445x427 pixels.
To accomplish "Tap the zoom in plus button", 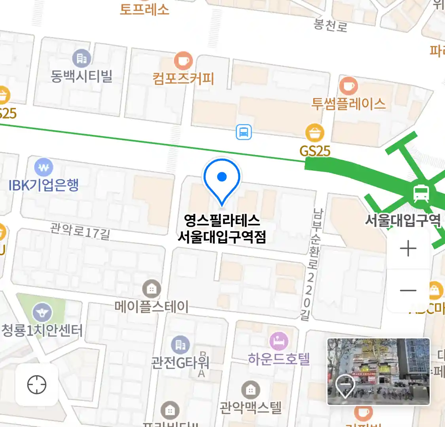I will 408,249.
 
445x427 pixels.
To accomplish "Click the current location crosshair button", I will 37,385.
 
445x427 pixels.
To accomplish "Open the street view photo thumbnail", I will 379,371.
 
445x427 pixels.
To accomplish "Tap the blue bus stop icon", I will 244,132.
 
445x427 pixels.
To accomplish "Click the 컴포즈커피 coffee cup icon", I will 183,61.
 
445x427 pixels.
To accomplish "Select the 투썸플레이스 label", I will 348,104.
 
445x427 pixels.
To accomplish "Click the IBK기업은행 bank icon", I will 44,167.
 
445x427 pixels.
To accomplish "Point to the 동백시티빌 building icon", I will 81,59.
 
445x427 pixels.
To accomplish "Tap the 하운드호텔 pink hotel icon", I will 279,341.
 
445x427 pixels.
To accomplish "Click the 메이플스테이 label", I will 151,306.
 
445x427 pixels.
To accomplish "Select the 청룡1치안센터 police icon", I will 42,313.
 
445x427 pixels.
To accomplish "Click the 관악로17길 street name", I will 80,231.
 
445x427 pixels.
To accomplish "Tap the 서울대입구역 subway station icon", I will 421,193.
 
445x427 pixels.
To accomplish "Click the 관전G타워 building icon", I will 180,345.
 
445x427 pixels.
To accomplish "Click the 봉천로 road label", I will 331,25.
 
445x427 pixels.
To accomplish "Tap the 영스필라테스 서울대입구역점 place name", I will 222,229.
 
